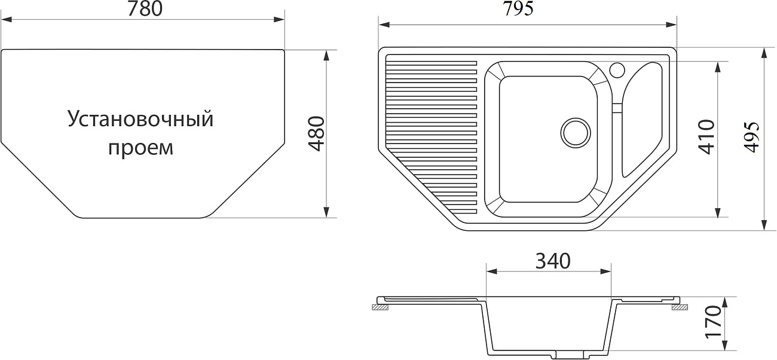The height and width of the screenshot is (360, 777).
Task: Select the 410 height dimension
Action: tap(707, 137)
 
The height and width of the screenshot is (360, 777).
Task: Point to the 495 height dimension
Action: tap(752, 138)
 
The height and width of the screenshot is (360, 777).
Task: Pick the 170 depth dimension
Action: tap(714, 322)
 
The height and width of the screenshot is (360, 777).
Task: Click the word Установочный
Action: tap(140, 118)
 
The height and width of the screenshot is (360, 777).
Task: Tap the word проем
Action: tap(140, 148)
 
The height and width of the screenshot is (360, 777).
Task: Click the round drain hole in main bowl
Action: tap(576, 132)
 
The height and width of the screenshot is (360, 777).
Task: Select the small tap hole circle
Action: tap(617, 69)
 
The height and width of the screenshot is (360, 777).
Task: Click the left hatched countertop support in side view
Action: tap(381, 308)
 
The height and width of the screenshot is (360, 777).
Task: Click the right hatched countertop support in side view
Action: tap(680, 308)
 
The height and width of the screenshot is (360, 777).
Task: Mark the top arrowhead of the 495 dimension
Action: tap(764, 53)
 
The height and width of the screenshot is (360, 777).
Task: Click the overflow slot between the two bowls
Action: tap(616, 107)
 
